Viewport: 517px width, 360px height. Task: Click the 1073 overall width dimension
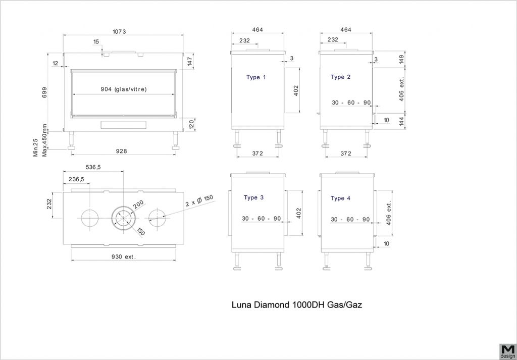coord(119,32)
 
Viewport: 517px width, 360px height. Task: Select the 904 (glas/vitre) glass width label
coord(124,89)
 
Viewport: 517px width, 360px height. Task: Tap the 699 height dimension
coord(45,92)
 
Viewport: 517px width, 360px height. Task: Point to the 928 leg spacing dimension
coord(122,151)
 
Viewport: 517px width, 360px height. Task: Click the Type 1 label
coord(256,77)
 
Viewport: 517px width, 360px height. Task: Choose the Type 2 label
coord(341,77)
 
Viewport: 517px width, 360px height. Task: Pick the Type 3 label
coord(253,198)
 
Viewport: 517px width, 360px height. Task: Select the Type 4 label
coord(341,198)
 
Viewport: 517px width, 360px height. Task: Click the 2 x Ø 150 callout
coord(199,201)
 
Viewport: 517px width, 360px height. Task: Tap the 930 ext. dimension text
coord(124,256)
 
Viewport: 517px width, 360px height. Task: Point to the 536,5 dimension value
coord(93,167)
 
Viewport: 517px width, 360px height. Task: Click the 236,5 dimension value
coord(76,179)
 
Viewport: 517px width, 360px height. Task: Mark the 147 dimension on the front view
coord(190,61)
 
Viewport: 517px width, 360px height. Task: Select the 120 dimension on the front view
coord(191,125)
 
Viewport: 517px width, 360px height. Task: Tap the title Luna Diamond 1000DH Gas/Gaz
coord(297,304)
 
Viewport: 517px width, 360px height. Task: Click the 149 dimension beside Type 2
coord(401,60)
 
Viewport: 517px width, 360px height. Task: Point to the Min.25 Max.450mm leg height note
coord(40,140)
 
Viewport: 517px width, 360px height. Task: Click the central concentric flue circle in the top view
coord(123,219)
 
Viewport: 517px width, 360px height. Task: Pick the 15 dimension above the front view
coord(96,42)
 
